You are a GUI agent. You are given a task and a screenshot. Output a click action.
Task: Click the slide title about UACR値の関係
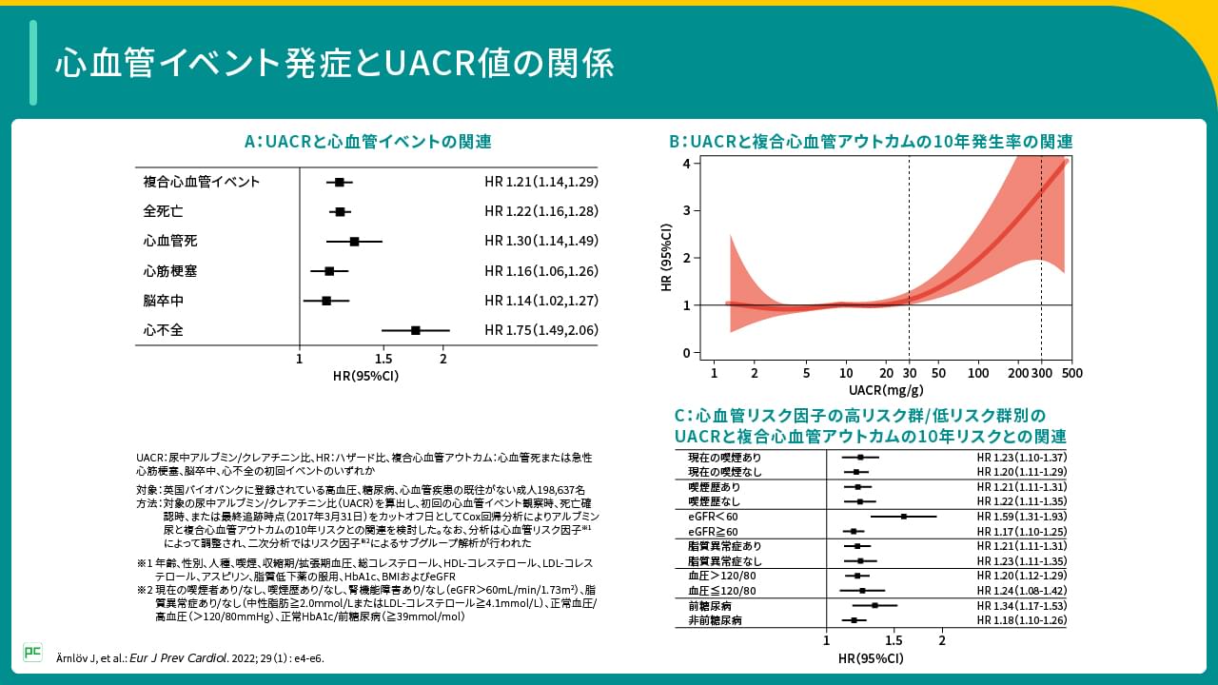(334, 63)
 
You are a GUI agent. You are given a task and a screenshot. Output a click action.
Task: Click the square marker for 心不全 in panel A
(416, 330)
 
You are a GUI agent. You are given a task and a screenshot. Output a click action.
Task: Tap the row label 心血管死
(170, 242)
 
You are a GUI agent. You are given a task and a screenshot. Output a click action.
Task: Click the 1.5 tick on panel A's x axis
(383, 359)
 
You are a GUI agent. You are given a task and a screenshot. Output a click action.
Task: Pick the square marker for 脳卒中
(326, 301)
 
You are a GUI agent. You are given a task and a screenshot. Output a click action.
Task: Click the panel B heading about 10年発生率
(871, 142)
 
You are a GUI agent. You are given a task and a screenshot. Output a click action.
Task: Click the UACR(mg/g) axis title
(886, 390)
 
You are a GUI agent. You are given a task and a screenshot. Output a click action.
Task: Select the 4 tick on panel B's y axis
(687, 164)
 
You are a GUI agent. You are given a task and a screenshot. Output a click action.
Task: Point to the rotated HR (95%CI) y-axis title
(667, 257)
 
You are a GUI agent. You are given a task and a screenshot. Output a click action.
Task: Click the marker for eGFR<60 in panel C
(903, 517)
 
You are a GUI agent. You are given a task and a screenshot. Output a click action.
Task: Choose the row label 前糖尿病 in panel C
(709, 606)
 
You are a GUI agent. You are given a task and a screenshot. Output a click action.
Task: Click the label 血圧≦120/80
(721, 591)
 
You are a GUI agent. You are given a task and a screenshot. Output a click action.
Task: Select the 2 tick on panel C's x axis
(942, 640)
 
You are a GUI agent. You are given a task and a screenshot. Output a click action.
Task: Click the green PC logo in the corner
(32, 652)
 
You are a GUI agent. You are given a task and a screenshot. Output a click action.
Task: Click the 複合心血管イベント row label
(201, 182)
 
